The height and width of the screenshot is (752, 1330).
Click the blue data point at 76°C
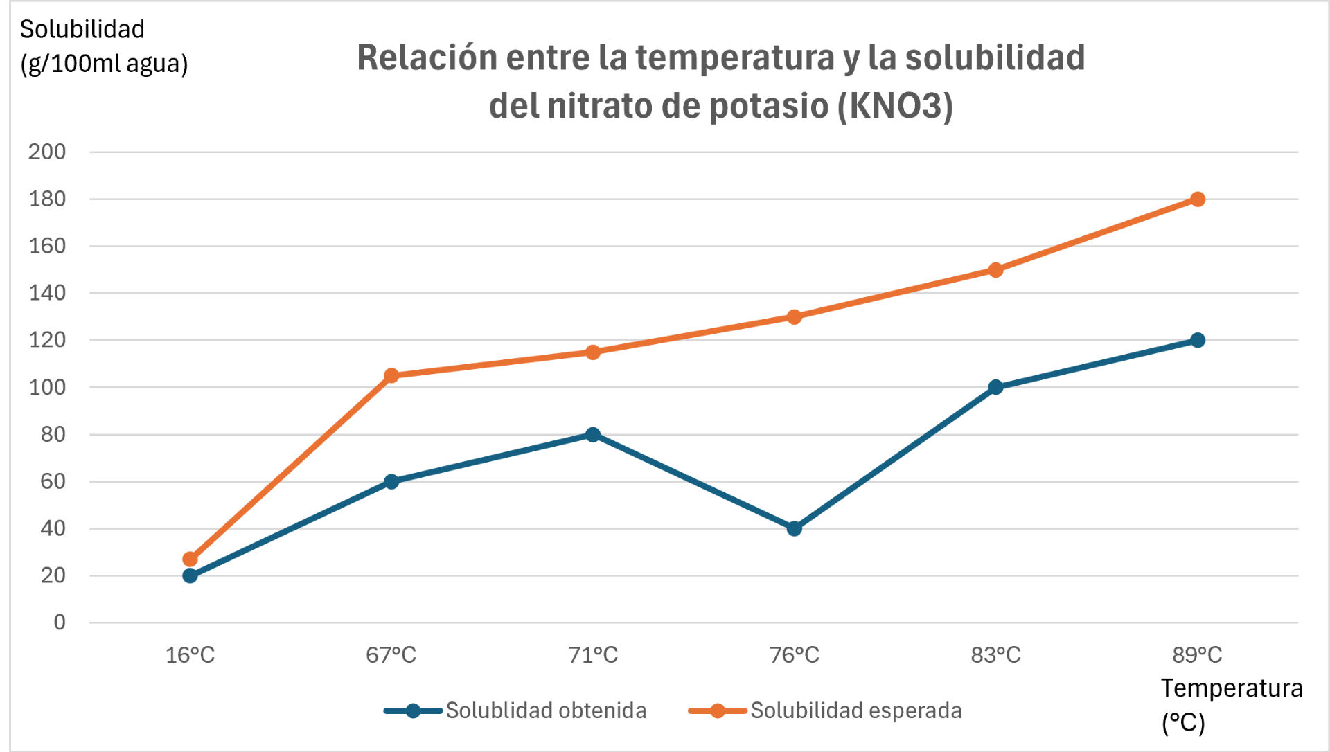pos(795,528)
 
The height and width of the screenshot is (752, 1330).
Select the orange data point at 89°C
pos(1198,199)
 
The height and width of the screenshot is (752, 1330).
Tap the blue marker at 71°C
pos(593,435)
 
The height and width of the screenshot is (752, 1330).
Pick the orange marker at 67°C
pos(391,375)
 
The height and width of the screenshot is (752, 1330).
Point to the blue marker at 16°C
pos(190,575)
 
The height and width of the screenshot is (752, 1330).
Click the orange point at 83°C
pos(996,270)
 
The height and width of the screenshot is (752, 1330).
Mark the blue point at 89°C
pos(1198,340)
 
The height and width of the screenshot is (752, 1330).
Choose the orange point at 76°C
pos(795,317)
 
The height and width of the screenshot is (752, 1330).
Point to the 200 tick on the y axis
pos(47,152)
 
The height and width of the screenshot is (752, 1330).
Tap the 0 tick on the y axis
pos(60,623)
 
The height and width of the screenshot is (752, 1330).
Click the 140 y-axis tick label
pos(47,293)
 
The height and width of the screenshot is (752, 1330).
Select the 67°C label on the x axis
pos(391,655)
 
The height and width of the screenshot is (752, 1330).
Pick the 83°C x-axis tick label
pos(996,655)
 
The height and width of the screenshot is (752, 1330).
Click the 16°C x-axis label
pos(190,655)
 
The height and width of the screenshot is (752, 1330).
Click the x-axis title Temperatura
pos(1232,688)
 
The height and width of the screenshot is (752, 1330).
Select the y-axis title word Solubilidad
pos(82,29)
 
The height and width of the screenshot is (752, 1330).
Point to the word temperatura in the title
pos(735,57)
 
